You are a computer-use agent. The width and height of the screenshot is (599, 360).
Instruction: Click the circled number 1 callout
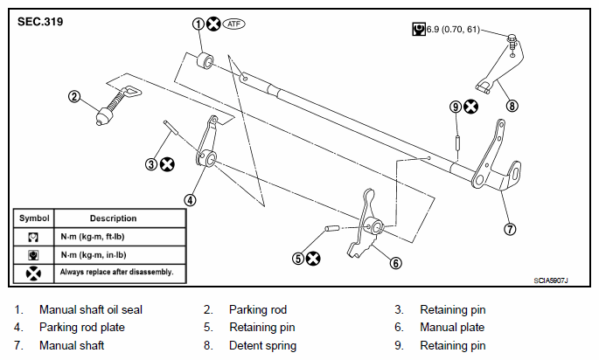click(x=199, y=24)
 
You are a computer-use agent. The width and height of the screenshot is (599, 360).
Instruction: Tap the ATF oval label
click(x=233, y=24)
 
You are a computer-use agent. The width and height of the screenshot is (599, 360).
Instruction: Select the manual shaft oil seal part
click(x=205, y=60)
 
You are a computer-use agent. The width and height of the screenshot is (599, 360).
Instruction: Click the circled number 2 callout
click(x=74, y=96)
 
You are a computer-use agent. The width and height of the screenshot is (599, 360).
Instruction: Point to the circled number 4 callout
click(x=190, y=200)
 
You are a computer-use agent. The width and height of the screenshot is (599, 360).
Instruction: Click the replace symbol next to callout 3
click(x=167, y=164)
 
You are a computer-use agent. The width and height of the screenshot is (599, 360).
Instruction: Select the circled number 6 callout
click(x=396, y=263)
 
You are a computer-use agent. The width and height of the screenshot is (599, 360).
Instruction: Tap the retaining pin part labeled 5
click(x=332, y=228)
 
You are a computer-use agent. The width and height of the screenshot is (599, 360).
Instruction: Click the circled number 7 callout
click(x=510, y=229)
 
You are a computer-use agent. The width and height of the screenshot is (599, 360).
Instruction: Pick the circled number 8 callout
click(x=512, y=106)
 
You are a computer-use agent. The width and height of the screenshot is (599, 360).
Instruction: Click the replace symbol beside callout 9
click(x=470, y=107)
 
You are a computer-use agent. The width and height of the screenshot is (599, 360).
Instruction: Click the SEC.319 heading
click(x=40, y=21)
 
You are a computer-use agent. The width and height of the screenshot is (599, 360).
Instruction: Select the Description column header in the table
click(x=113, y=218)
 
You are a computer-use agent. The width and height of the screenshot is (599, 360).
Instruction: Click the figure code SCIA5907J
click(x=551, y=280)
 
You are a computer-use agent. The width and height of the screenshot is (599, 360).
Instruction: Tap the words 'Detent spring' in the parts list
click(x=262, y=345)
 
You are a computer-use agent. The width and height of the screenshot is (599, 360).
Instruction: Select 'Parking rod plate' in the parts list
click(x=81, y=327)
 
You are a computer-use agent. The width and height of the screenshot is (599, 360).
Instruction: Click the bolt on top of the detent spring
click(x=512, y=41)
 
